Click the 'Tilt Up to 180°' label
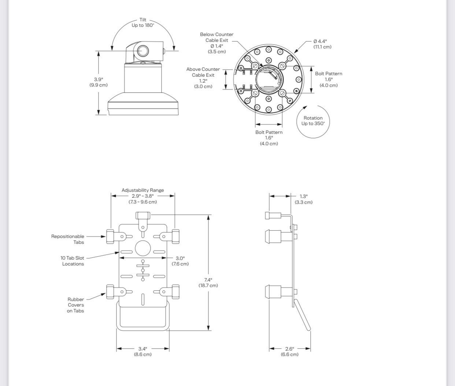click(x=143, y=22)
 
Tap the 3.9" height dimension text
click(x=99, y=79)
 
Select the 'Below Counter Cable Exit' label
click(x=217, y=37)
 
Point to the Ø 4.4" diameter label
click(x=320, y=41)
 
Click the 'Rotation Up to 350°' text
click(x=313, y=121)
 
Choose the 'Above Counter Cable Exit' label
click(x=203, y=72)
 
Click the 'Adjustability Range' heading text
click(x=143, y=190)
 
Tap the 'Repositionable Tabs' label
click(x=67, y=239)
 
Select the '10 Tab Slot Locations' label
click(x=72, y=261)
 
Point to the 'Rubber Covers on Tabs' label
click(x=75, y=305)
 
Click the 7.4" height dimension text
click(x=208, y=280)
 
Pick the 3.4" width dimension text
click(x=143, y=349)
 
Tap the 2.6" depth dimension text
click(x=290, y=349)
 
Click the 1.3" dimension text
click(x=304, y=196)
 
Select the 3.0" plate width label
click(x=180, y=258)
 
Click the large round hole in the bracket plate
click(x=143, y=248)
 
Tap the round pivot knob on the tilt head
click(x=143, y=51)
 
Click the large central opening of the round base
click(x=269, y=79)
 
